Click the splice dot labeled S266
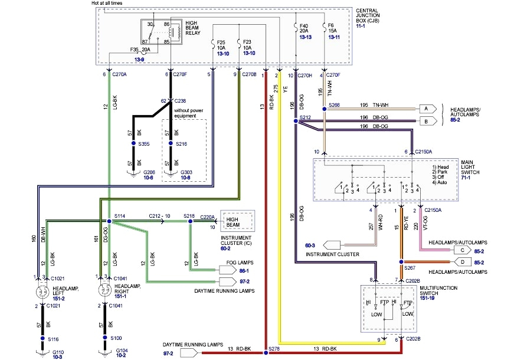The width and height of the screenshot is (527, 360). tap(324, 109)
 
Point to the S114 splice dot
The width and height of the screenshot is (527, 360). tap(109, 221)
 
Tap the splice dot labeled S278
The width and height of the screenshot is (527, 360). tap(266, 350)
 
